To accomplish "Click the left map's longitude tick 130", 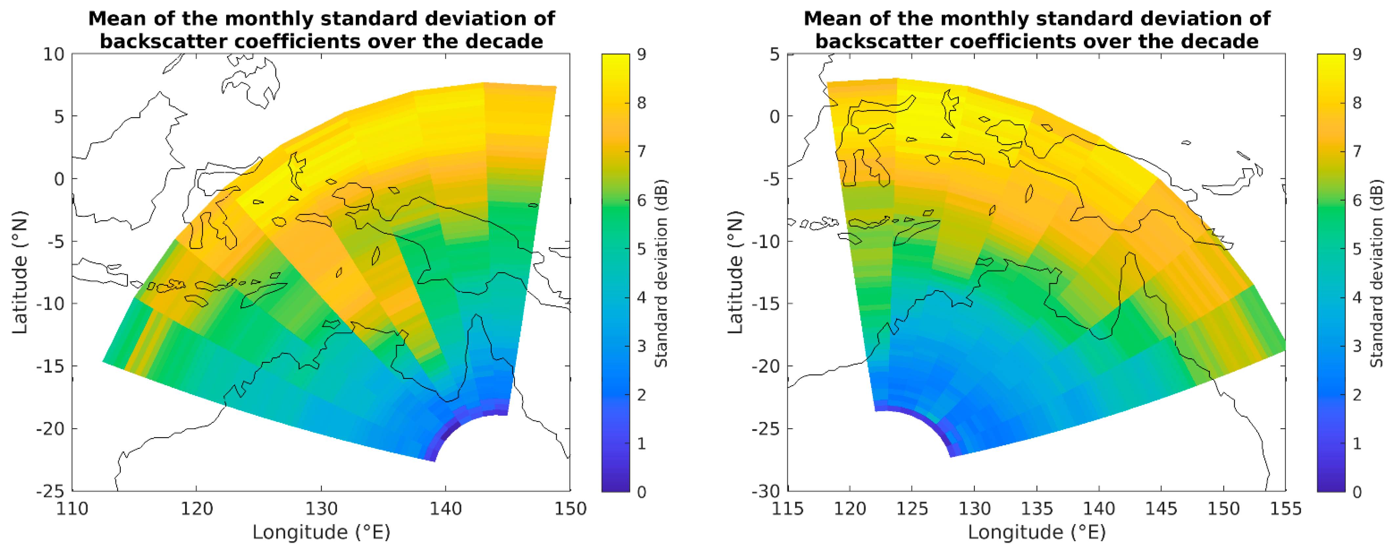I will (x=321, y=508).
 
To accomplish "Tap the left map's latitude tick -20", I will (x=50, y=429).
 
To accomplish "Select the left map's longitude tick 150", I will (x=570, y=508).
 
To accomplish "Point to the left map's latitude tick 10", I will (x=53, y=54).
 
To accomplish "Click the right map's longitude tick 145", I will (x=1161, y=508).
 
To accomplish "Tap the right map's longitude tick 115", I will (x=788, y=508).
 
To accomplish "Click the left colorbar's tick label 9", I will (x=641, y=54).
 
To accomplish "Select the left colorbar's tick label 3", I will (x=641, y=346).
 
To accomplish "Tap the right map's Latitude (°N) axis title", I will (x=735, y=273).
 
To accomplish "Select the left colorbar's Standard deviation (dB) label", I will (x=661, y=273).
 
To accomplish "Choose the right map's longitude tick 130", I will (x=974, y=508).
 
